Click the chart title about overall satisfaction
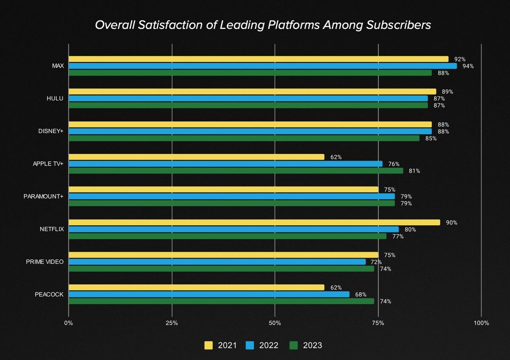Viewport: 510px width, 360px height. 263,25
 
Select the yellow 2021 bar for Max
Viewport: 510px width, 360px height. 258,59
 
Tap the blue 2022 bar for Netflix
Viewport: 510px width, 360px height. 233,230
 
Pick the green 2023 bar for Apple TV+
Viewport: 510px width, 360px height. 235,171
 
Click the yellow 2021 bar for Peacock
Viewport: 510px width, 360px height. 196,287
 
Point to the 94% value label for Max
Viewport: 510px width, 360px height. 468,66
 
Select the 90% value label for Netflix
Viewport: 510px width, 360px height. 451,223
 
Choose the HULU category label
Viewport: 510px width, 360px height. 55,99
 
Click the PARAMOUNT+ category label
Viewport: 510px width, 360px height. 43,196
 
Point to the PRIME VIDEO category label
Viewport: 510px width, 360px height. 45,262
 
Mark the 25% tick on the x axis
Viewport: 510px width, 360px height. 172,323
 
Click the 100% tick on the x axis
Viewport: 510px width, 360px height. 481,323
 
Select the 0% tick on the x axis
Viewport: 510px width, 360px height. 68,323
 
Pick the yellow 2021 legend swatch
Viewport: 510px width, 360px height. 209,345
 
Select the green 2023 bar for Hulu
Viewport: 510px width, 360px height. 248,105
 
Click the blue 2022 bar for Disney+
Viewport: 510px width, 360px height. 250,131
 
